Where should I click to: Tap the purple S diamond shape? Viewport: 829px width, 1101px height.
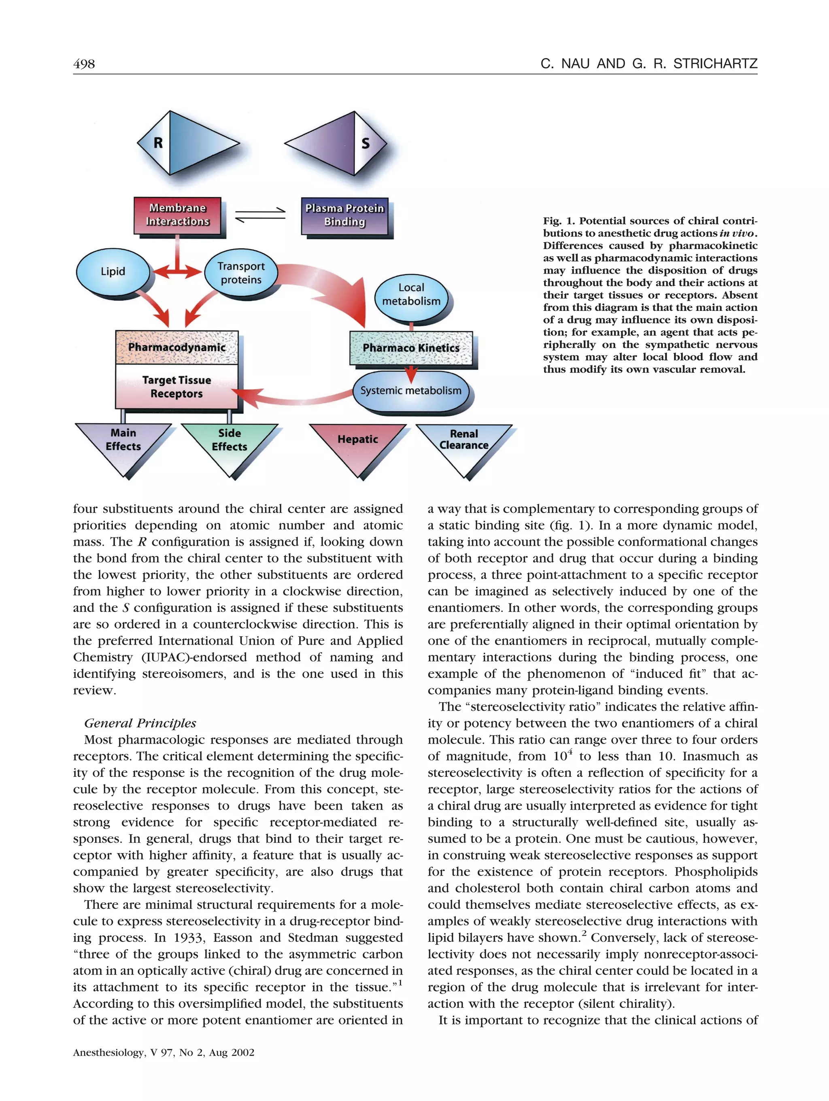click(x=336, y=143)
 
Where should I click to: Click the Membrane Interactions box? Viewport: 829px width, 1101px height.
click(x=177, y=215)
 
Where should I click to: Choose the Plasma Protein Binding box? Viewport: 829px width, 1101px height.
click(x=344, y=215)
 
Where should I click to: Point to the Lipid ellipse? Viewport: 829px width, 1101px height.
click(x=113, y=271)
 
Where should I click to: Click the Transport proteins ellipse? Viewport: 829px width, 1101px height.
click(x=241, y=273)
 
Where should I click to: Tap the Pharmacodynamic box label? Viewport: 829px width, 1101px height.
click(x=176, y=347)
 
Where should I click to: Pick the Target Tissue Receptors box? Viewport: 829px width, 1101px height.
click(x=176, y=387)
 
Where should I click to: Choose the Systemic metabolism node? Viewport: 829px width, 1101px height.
click(x=411, y=391)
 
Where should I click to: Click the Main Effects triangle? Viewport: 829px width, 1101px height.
click(x=123, y=443)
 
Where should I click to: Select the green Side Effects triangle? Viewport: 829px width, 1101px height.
click(x=230, y=443)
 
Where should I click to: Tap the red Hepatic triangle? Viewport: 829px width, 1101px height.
click(x=358, y=443)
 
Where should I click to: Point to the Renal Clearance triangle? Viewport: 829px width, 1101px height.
click(x=464, y=443)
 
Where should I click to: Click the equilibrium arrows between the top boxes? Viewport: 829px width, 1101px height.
click(x=260, y=215)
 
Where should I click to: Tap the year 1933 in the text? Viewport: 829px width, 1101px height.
click(x=188, y=938)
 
